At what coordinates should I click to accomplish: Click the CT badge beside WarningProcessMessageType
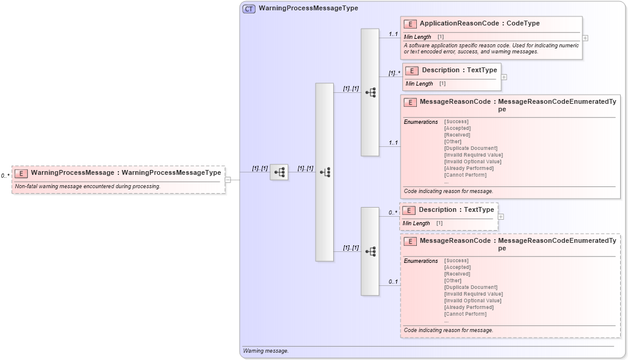pyautogui.click(x=249, y=8)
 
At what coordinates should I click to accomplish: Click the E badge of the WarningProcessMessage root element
pyautogui.click(x=21, y=173)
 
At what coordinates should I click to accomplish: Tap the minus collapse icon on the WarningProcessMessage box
pyautogui.click(x=228, y=180)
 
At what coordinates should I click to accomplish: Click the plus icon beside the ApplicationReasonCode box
pyautogui.click(x=585, y=38)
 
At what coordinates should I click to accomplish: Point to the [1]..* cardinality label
pyautogui.click(x=394, y=73)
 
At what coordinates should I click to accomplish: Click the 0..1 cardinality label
pyautogui.click(x=393, y=282)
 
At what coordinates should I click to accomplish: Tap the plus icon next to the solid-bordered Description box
pyautogui.click(x=504, y=77)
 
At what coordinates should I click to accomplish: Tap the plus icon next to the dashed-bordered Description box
pyautogui.click(x=501, y=216)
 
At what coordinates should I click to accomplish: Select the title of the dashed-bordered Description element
pyautogui.click(x=456, y=210)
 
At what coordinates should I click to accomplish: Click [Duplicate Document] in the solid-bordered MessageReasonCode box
pyautogui.click(x=470, y=148)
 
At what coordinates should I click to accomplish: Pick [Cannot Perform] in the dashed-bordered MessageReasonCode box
pyautogui.click(x=465, y=314)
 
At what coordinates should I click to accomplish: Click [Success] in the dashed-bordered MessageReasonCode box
pyautogui.click(x=456, y=260)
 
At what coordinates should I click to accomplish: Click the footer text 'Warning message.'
pyautogui.click(x=266, y=351)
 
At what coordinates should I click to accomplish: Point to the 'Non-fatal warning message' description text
pyautogui.click(x=87, y=186)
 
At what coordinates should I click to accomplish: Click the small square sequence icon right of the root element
pyautogui.click(x=279, y=172)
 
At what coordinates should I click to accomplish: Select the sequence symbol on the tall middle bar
pyautogui.click(x=325, y=172)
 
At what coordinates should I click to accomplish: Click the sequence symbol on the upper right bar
pyautogui.click(x=370, y=92)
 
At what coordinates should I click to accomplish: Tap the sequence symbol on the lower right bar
pyautogui.click(x=370, y=251)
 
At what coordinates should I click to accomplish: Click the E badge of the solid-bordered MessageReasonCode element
pyautogui.click(x=410, y=102)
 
